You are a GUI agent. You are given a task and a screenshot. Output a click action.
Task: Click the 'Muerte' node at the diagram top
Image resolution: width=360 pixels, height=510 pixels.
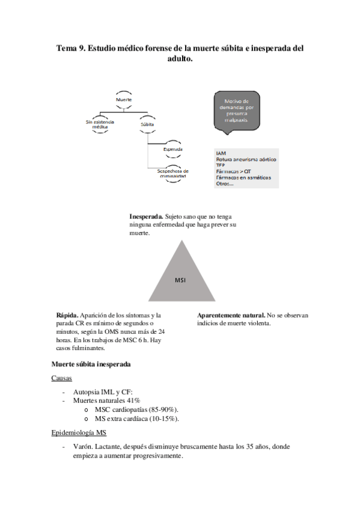(124, 99)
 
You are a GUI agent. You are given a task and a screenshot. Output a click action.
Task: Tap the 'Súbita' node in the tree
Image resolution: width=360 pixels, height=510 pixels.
(147, 124)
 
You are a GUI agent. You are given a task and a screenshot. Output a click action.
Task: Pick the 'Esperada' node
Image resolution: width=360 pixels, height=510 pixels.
(174, 149)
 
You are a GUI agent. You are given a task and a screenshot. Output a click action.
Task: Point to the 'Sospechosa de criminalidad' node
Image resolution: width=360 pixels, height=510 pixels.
(173, 173)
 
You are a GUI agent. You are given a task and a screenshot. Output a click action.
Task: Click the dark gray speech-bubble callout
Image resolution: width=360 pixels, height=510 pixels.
(237, 111)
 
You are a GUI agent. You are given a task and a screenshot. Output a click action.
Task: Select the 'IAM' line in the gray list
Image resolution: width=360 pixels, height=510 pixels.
(221, 153)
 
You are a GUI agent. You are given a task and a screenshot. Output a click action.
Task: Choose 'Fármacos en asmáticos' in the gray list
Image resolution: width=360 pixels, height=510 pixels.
(243, 177)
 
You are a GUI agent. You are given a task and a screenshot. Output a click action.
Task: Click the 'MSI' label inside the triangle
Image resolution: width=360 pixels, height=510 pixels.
(181, 280)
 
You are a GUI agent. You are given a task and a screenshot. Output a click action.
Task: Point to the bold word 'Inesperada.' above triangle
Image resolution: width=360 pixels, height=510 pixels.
(146, 215)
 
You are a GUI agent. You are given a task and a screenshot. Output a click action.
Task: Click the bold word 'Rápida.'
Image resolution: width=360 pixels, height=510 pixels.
(67, 315)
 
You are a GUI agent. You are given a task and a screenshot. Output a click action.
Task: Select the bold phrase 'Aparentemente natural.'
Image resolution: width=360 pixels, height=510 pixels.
(231, 315)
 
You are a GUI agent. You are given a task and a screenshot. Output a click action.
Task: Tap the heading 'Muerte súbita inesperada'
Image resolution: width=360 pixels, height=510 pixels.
(91, 364)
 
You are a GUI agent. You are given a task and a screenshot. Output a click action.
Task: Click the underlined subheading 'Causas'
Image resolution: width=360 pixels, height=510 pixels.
(62, 378)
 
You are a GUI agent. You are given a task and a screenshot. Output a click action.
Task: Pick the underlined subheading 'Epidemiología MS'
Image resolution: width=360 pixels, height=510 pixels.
(80, 433)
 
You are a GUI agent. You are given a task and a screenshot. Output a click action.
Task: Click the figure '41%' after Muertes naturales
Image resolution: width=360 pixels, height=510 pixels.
(133, 401)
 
